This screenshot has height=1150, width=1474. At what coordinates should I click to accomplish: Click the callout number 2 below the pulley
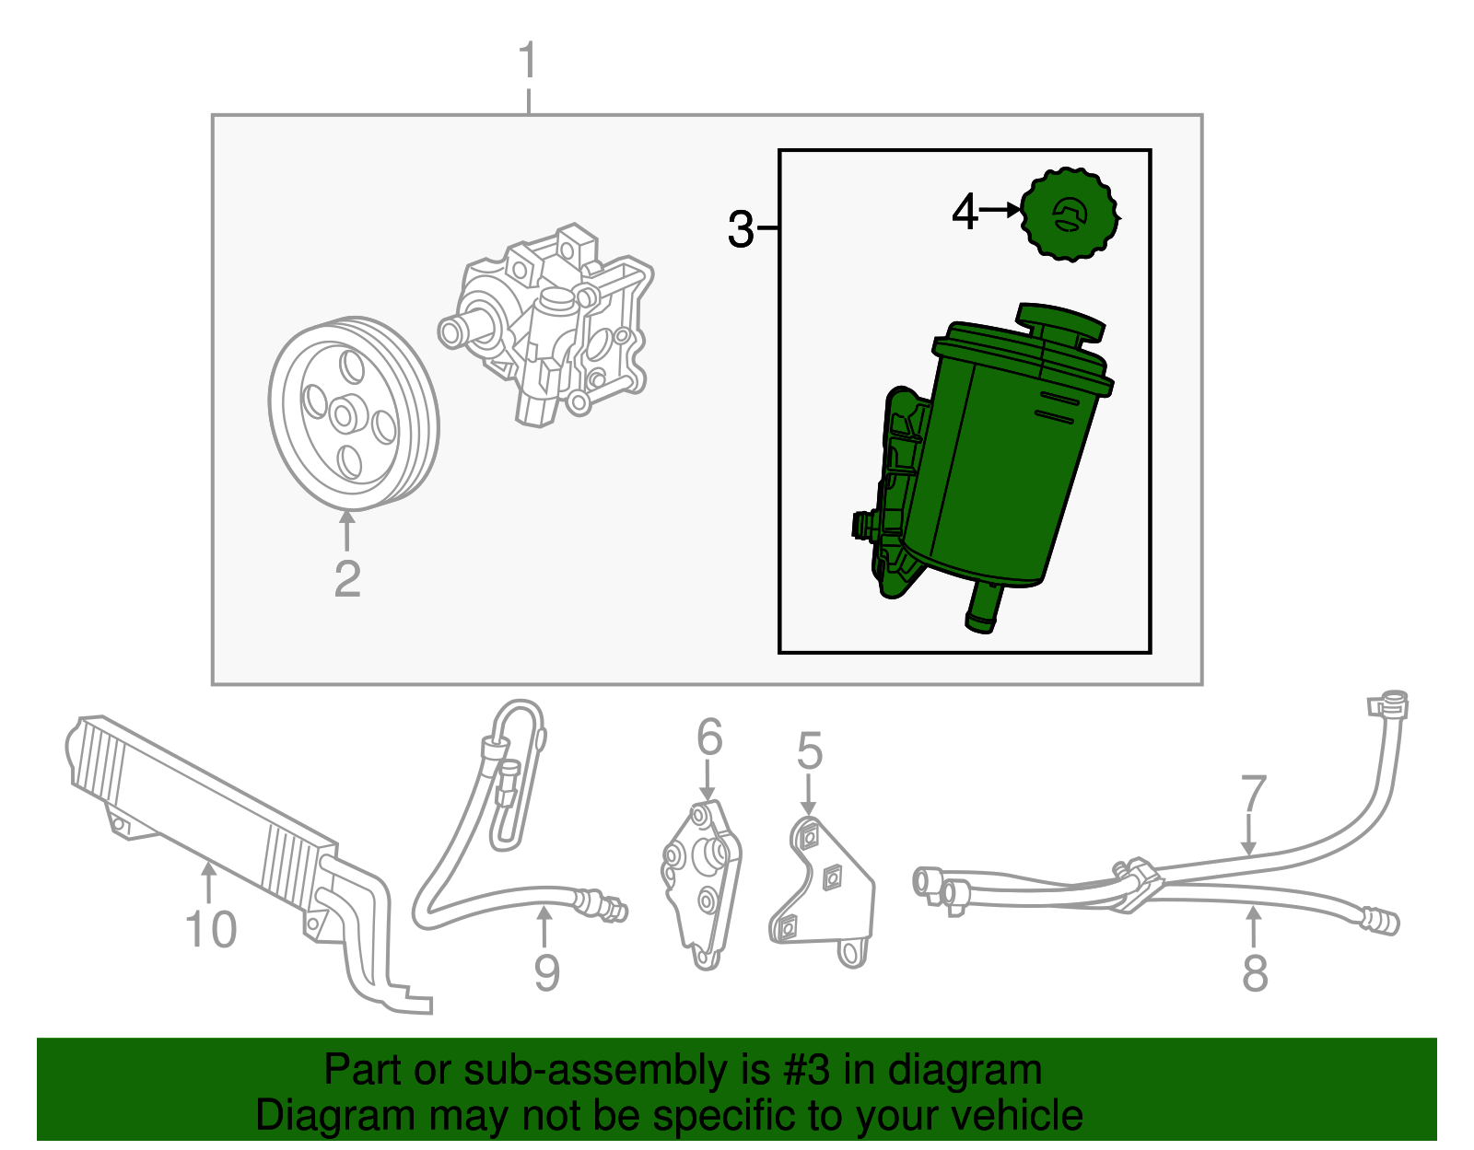[x=347, y=579]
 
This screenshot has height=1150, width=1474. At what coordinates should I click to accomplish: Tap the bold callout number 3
[x=741, y=229]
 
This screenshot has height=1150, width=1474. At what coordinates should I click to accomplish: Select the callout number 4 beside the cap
[x=964, y=213]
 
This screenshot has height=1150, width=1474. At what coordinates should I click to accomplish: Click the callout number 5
[x=809, y=751]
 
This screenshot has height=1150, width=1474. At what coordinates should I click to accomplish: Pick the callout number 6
[x=708, y=737]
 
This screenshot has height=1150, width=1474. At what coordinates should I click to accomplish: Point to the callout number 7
[x=1253, y=793]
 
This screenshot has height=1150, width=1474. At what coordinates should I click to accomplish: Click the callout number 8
[x=1255, y=972]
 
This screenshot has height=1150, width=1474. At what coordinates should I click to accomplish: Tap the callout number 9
[x=546, y=972]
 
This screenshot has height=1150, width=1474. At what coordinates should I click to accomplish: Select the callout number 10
[x=211, y=929]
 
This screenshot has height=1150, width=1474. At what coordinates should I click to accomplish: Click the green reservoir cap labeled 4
[x=1070, y=215]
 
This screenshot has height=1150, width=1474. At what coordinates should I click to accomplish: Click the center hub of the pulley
[x=345, y=415]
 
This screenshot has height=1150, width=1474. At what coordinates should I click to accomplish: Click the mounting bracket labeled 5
[x=820, y=889]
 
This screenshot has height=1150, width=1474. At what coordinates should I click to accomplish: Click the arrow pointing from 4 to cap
[x=1000, y=210]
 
